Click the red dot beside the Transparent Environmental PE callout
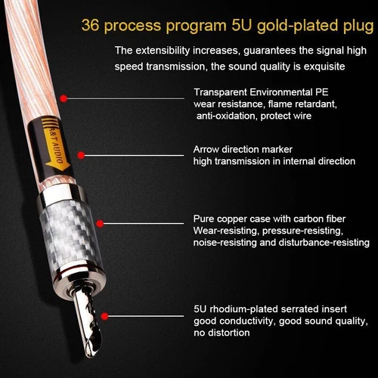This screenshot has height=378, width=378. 65,98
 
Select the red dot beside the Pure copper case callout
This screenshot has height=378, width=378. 101,223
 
